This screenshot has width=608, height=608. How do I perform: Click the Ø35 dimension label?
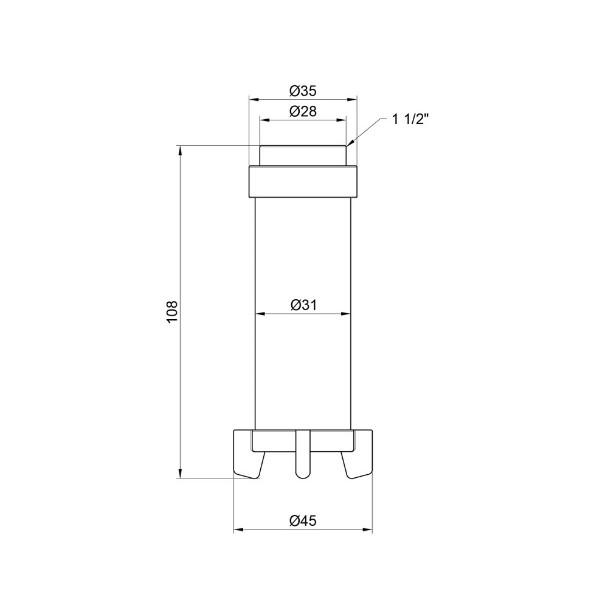click(303, 91)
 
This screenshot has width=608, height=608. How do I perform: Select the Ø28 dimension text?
click(303, 111)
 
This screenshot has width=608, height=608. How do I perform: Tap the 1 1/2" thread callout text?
click(410, 119)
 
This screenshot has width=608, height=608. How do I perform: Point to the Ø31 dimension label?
click(303, 305)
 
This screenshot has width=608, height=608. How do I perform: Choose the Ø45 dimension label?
click(303, 520)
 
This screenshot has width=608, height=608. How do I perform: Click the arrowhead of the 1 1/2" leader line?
click(350, 143)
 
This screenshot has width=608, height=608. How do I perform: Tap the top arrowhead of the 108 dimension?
click(180, 151)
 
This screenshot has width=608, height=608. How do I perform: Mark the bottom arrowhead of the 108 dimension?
click(180, 473)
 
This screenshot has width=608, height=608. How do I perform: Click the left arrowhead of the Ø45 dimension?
click(238, 530)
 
